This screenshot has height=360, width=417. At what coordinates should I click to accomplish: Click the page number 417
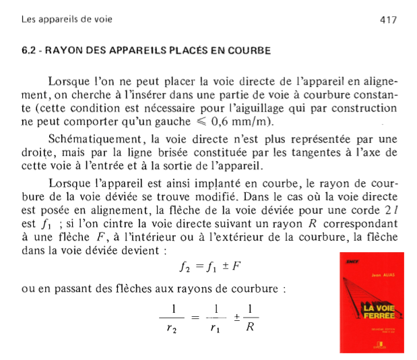coord(388,20)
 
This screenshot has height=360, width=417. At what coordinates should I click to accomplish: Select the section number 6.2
coord(30,51)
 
